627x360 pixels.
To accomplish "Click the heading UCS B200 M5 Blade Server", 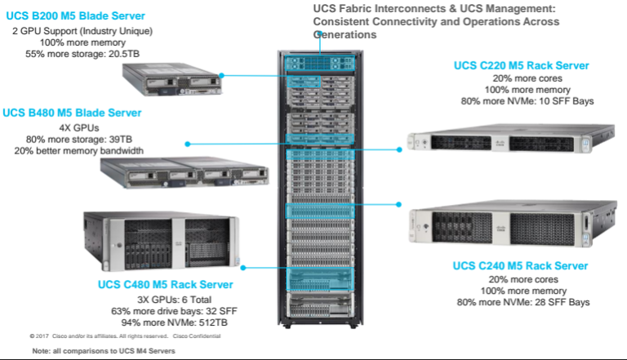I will pos(75,16).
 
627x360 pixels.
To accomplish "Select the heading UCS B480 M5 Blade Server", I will pos(72,113).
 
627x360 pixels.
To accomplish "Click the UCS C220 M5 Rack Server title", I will pos(522,65).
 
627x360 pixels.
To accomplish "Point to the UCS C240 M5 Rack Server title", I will pos(520,266).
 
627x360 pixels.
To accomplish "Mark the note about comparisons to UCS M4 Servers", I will pos(104,351).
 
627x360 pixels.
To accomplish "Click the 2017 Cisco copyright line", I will pos(125,336).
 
